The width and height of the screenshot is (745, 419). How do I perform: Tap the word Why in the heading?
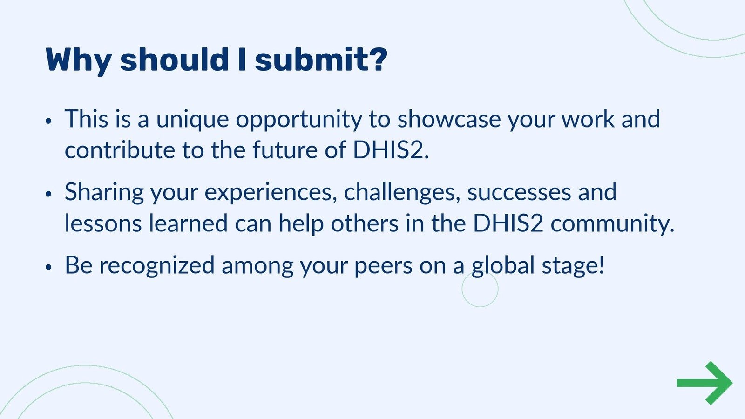point(78,61)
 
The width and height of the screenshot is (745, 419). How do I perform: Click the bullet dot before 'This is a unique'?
point(48,121)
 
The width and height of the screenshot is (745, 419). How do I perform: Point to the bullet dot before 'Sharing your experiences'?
point(48,194)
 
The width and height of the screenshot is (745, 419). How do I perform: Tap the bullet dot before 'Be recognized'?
point(48,267)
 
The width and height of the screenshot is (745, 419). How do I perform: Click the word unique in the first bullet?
point(192,119)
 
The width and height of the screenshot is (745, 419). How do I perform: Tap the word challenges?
point(402,192)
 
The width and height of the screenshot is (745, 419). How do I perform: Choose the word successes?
point(519,193)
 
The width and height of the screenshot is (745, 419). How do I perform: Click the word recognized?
point(156,266)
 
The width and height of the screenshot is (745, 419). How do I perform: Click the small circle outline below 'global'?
point(480,289)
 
